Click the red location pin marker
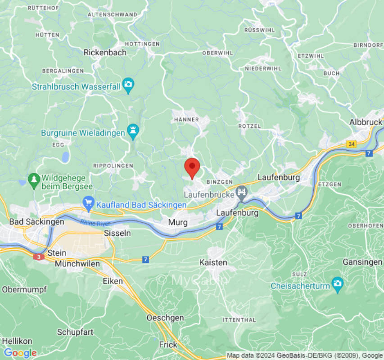pos(192,167)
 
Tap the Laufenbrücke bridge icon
pos(242,193)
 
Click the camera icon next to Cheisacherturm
pos(337,284)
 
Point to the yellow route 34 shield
pos(352,144)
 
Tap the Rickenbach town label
pos(105,53)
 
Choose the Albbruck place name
pos(366,122)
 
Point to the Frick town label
pos(168,344)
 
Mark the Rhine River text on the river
pos(95,223)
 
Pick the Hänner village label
pos(186,120)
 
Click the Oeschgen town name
pos(165,318)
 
